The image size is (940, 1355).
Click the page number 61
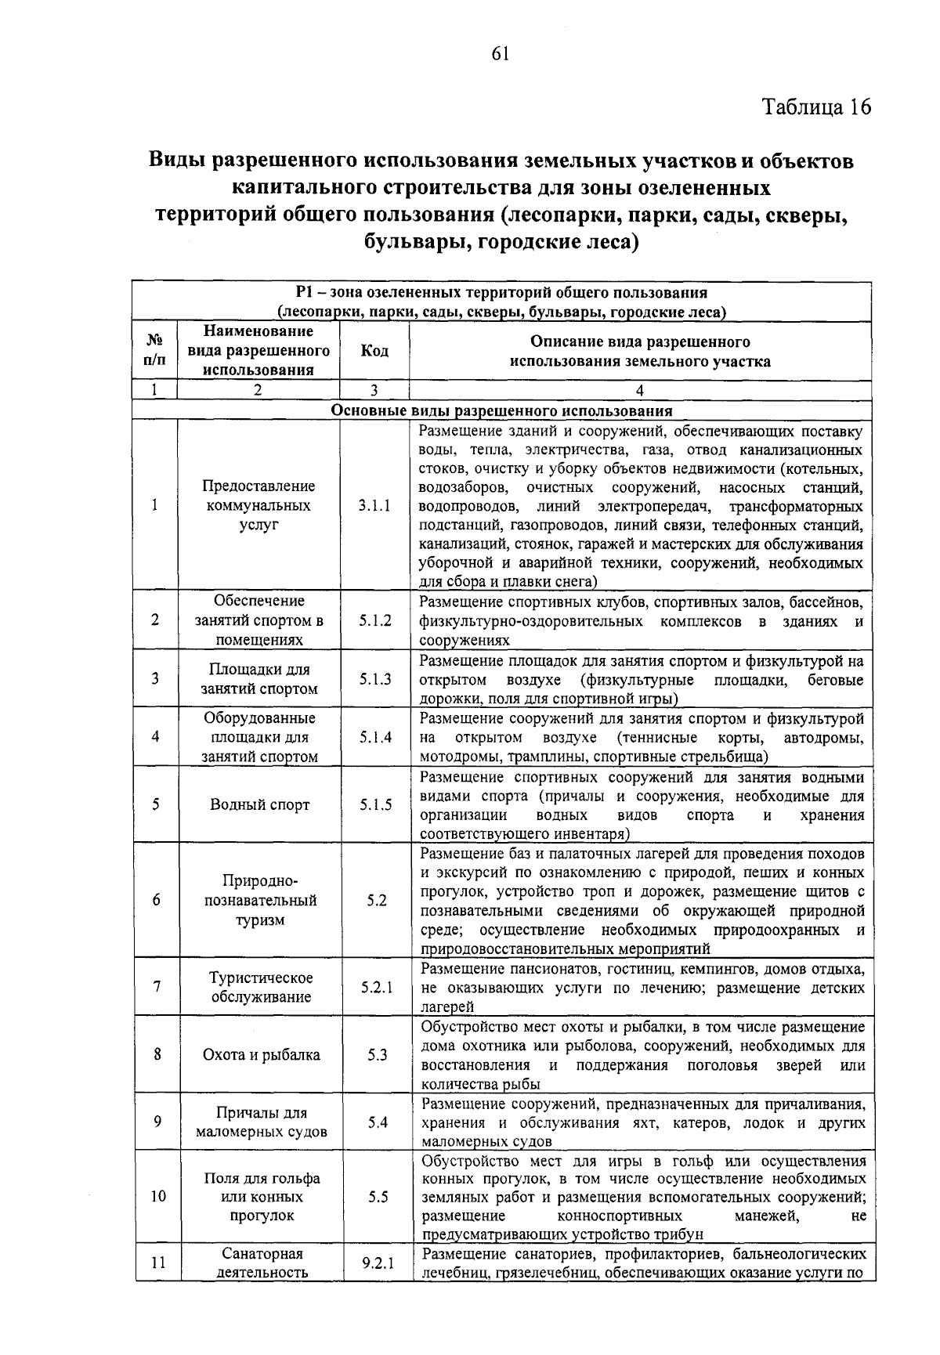point(501,52)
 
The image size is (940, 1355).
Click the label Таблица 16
point(815,107)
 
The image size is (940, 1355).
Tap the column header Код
point(374,351)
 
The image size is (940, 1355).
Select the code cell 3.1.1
point(374,506)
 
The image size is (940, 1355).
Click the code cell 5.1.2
point(375,620)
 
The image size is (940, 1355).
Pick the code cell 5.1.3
point(375,679)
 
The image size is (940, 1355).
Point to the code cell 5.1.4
point(375,737)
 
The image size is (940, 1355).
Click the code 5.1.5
point(375,805)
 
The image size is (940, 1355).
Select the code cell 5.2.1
point(376,988)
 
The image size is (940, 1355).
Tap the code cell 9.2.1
point(378,1263)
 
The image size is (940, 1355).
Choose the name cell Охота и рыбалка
point(261,1055)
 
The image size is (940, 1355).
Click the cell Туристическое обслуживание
point(261,988)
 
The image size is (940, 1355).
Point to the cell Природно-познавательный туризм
point(260,901)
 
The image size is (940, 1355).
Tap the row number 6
point(157,901)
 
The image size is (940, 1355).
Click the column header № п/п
point(156,351)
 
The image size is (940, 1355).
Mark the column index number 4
point(640,391)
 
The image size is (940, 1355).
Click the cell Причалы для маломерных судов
point(261,1122)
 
